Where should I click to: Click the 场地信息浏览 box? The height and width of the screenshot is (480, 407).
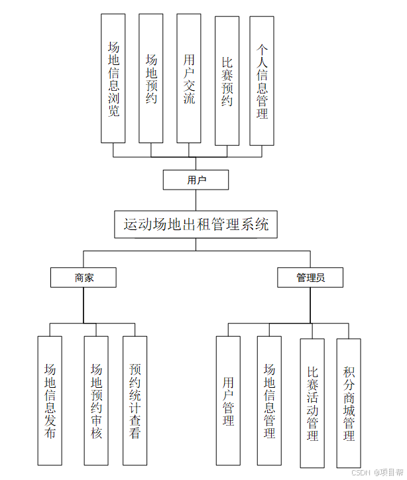point(113,79)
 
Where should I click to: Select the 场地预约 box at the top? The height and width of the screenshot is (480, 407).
point(151,79)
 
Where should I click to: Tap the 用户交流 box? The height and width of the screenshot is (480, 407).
point(189,79)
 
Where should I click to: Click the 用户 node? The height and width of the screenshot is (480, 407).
point(196,180)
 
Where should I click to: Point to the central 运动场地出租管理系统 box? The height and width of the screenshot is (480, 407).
point(196,225)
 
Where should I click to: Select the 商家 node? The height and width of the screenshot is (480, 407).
point(84,278)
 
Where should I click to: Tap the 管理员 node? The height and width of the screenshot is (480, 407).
point(310,278)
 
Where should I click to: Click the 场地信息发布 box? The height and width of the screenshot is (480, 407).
point(50,400)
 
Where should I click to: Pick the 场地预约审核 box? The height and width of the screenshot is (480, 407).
point(96,400)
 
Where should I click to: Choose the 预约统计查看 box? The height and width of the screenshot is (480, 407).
point(135,400)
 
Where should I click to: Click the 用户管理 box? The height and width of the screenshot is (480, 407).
point(228,400)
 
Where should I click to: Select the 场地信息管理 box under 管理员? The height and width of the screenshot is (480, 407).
point(269,400)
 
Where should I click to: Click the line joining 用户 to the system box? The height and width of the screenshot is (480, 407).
point(196,201)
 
